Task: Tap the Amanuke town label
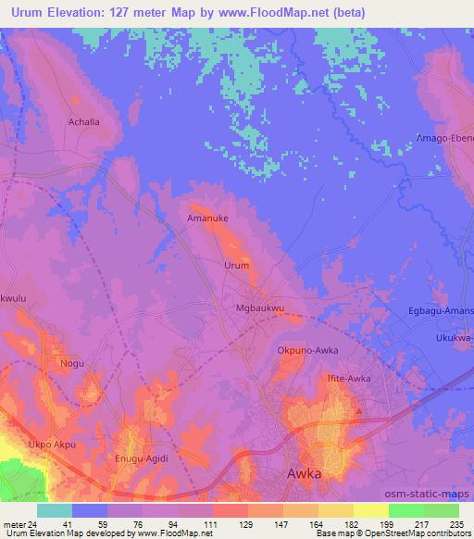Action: click(208, 219)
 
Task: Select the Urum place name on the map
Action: click(237, 265)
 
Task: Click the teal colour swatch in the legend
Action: click(55, 510)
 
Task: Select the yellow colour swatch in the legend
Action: click(371, 510)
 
